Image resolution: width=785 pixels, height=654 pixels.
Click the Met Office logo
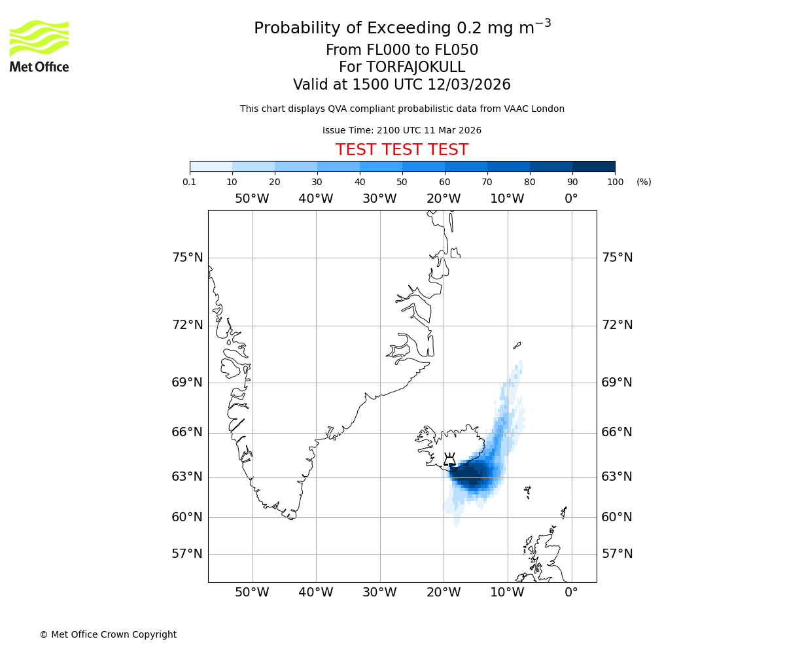(x=39, y=46)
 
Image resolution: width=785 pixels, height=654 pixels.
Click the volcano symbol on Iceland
(x=449, y=459)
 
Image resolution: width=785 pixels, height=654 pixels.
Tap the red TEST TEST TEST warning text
(x=402, y=150)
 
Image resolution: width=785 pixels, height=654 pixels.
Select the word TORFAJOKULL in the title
(x=415, y=67)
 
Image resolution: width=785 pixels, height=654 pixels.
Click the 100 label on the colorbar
(x=615, y=182)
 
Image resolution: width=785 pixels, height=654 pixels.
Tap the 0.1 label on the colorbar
(x=190, y=182)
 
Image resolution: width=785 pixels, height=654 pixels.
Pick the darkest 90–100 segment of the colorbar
(x=593, y=166)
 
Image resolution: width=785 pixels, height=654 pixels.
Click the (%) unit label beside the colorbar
(x=644, y=182)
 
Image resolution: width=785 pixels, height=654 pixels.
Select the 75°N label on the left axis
(x=188, y=258)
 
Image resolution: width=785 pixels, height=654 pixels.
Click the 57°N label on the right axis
(x=617, y=554)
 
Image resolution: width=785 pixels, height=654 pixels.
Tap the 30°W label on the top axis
(x=379, y=199)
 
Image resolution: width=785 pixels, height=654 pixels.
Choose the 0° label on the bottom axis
(x=571, y=593)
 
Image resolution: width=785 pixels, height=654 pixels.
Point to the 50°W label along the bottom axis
(x=252, y=593)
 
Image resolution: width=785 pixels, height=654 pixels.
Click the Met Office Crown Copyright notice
(x=108, y=634)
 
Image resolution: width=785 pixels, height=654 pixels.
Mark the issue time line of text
(x=402, y=130)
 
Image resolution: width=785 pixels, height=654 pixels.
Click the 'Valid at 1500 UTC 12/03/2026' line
(x=402, y=84)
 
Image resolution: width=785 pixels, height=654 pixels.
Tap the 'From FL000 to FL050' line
(x=402, y=50)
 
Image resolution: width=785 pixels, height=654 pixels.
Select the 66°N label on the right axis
(x=617, y=432)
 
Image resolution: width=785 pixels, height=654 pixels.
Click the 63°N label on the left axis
(x=188, y=477)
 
